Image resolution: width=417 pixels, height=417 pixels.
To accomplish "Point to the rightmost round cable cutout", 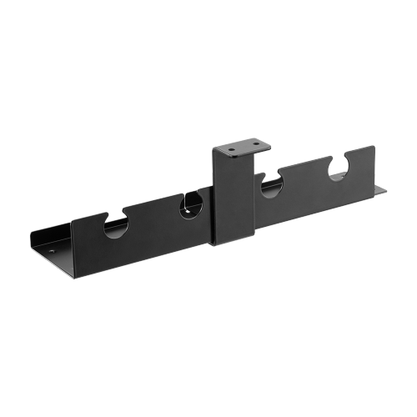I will tap(339, 169).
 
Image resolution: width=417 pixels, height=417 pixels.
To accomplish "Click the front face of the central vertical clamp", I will tap(234, 200).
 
